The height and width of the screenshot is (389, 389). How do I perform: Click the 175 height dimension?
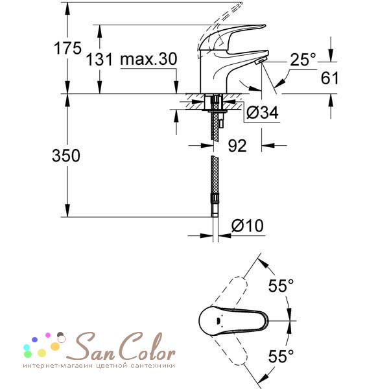[67, 48]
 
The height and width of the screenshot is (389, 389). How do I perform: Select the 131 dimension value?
[99, 60]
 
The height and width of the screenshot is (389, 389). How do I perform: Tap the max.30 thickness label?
[148, 59]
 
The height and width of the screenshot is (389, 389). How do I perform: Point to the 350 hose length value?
[66, 156]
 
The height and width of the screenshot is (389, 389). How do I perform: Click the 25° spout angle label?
[303, 60]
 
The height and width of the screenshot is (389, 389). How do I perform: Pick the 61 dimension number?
[330, 78]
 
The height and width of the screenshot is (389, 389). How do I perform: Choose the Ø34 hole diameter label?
[263, 113]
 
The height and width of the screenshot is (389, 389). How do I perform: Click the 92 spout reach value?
[237, 146]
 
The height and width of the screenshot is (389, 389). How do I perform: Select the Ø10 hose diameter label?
[248, 226]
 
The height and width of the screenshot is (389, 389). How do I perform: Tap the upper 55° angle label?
[281, 285]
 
